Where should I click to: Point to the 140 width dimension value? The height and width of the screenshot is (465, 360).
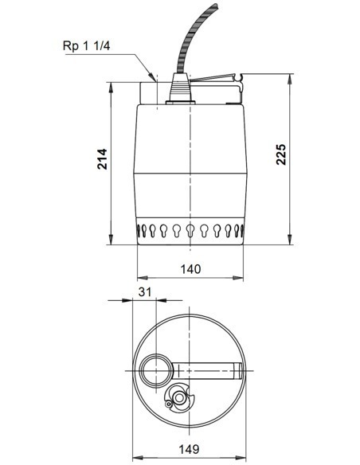pyautogui.click(x=190, y=269)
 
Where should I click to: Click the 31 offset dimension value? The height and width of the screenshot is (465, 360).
pyautogui.click(x=145, y=292)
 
